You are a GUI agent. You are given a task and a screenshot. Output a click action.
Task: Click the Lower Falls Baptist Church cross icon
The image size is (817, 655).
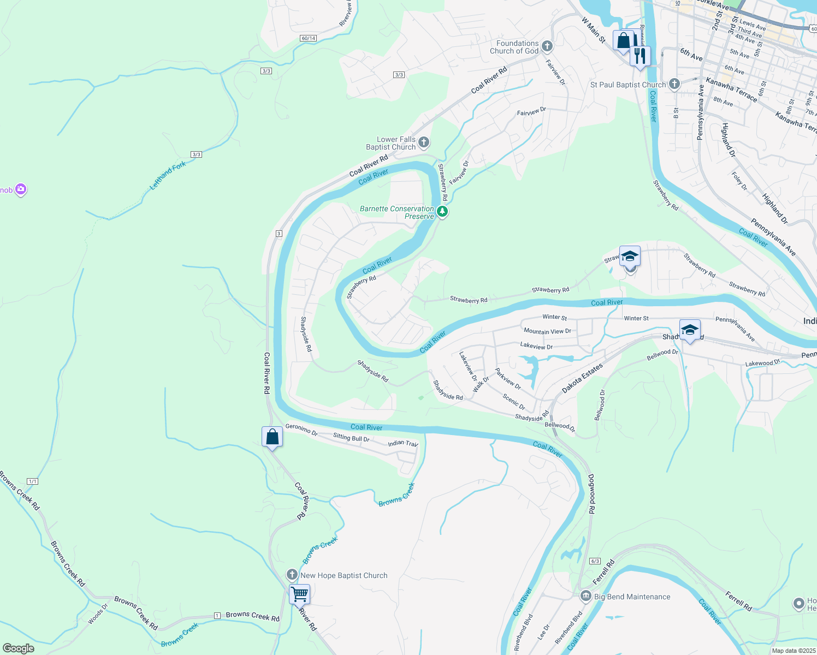pos(424,143)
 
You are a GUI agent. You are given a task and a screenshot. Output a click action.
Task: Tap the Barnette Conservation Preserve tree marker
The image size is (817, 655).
pos(442,212)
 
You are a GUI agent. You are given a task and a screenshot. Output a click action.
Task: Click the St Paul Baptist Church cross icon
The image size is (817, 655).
pos(674,84)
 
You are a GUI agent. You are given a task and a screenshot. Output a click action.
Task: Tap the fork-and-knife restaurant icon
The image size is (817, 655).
pos(640,55)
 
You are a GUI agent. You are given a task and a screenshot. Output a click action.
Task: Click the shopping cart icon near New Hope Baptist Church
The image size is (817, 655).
pos(299,593)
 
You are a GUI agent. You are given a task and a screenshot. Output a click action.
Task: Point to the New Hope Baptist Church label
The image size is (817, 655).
pos(344,575)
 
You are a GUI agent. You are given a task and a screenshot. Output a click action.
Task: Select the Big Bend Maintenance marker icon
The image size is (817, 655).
pos(585,596)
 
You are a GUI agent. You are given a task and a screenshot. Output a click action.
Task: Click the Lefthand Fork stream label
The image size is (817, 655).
pos(168,176)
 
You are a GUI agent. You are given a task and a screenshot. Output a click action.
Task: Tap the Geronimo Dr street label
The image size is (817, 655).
pos(301,430)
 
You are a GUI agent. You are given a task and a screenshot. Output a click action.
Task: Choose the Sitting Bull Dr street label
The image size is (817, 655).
pos(351,437)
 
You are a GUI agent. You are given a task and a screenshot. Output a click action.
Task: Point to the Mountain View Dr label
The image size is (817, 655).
pos(547,331)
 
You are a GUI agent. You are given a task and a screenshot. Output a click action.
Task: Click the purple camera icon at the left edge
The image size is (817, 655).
pos(21,189)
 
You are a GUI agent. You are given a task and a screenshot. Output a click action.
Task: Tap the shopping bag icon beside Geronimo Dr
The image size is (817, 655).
pos(272,437)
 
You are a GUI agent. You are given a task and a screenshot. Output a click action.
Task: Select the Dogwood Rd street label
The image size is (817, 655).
pos(591,494)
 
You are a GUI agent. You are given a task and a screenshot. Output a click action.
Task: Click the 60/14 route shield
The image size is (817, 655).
pos(308,38)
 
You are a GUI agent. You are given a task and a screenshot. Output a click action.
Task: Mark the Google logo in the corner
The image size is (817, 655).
pos(19,648)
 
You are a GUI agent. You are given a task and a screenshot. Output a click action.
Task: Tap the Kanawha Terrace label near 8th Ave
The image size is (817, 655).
pos(731,90)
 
